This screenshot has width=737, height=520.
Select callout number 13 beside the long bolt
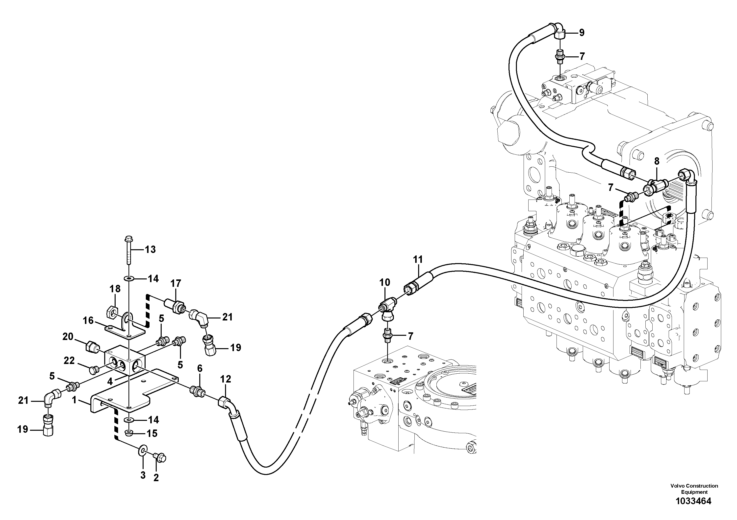(150, 249)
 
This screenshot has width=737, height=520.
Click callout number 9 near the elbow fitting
(582, 32)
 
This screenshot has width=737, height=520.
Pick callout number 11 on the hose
(418, 259)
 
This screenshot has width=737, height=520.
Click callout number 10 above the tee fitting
(384, 282)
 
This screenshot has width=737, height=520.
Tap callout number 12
(226, 379)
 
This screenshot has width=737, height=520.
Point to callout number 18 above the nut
(115, 289)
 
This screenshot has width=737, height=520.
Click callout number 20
(68, 337)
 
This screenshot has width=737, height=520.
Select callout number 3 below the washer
(143, 475)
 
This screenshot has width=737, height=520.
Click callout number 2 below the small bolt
(156, 478)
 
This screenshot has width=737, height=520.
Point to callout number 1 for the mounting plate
(74, 400)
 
